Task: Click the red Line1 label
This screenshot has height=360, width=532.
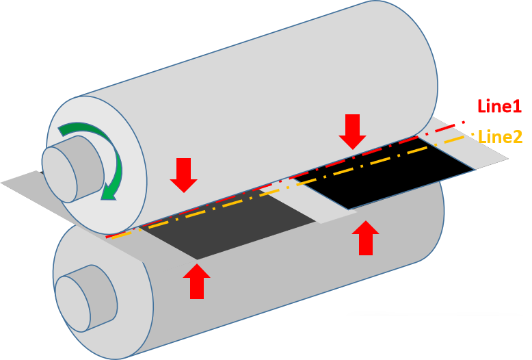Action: click(x=499, y=106)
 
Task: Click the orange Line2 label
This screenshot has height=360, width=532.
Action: click(x=500, y=137)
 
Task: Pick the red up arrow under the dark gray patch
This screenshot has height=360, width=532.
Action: click(x=197, y=281)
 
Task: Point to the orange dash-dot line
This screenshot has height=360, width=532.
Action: click(x=274, y=195)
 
